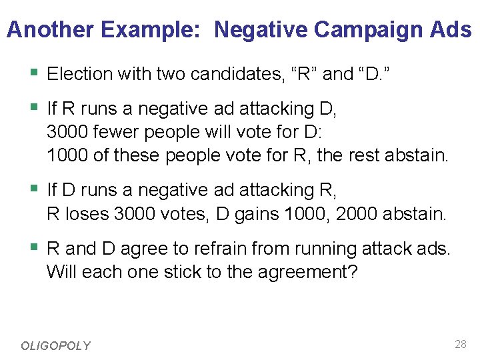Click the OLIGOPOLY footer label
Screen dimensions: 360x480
(55, 345)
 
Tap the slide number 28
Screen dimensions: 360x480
(460, 344)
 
